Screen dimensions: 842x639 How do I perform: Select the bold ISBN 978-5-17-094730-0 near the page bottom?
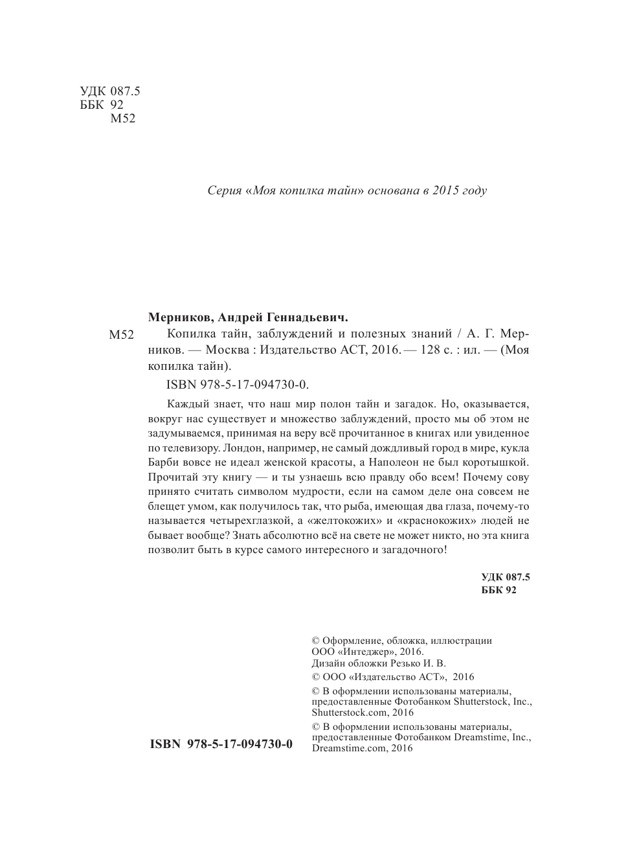coord(221,744)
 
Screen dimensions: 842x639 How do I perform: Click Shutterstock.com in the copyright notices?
coord(344,712)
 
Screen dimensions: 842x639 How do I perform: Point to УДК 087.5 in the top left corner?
coord(110,92)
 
